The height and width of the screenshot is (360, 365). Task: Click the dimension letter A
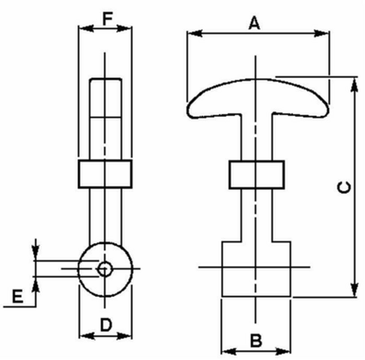[254, 23]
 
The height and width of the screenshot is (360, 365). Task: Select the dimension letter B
[256, 341]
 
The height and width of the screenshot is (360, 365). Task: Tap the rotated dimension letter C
[344, 187]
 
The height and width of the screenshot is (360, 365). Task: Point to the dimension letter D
[106, 325]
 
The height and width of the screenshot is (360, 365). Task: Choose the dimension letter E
[18, 296]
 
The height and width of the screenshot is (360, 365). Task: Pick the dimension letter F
[107, 19]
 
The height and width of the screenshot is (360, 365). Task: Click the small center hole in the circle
[104, 269]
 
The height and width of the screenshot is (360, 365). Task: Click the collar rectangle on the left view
[105, 174]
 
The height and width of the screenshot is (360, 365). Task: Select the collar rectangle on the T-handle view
[256, 175]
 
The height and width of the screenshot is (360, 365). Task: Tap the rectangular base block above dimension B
[256, 269]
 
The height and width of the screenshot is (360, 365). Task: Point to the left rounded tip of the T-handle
[189, 111]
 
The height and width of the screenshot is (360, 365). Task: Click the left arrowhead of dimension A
[195, 33]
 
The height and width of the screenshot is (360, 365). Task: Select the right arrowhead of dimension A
[321, 33]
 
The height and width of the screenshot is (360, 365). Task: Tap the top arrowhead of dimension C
[354, 85]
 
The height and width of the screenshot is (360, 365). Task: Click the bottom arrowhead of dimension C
[354, 289]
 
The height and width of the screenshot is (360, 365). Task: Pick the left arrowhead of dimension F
[86, 28]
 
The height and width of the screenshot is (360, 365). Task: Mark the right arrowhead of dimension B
[283, 351]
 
